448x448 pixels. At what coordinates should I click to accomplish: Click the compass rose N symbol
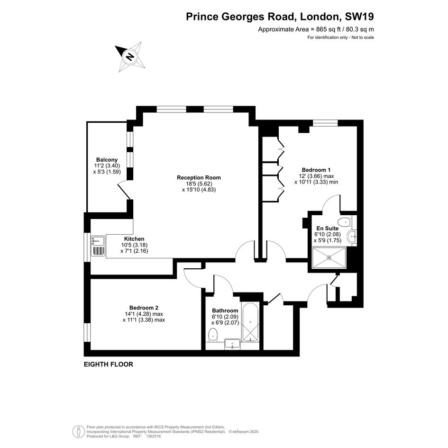130,56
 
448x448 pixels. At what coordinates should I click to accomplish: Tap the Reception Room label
199,177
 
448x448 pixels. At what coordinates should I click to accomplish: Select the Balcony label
107,160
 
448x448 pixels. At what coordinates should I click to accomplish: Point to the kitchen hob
99,251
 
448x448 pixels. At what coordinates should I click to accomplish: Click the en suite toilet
344,221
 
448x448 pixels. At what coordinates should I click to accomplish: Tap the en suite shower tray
329,258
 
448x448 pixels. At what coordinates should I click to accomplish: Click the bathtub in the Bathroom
250,322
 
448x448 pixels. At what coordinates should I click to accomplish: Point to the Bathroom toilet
213,335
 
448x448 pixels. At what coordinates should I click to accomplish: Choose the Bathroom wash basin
233,344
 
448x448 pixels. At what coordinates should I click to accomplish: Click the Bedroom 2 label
144,308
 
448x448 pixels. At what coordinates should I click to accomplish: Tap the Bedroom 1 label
316,170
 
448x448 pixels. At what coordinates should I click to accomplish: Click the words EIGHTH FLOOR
109,364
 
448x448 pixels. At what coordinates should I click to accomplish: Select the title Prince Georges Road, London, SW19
280,17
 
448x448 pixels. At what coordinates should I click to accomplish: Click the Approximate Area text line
316,29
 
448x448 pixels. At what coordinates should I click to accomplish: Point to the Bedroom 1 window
325,123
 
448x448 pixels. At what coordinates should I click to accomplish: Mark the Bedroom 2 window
87,333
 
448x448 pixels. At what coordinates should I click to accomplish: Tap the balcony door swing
124,190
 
